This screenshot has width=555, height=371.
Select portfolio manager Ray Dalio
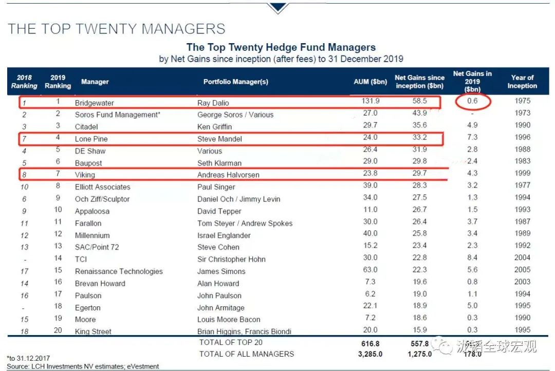click(x=214, y=103)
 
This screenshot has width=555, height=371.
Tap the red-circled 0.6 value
click(x=472, y=101)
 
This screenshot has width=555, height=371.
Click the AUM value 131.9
click(x=369, y=101)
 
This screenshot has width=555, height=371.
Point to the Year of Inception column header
click(x=522, y=82)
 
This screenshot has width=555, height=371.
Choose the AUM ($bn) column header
click(x=369, y=82)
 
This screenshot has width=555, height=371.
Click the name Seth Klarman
click(x=219, y=163)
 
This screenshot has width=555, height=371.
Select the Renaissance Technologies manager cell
click(x=119, y=271)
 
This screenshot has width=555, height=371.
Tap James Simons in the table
click(x=221, y=271)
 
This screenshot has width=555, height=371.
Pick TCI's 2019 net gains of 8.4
click(x=472, y=258)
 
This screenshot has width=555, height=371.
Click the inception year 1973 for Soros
click(x=522, y=113)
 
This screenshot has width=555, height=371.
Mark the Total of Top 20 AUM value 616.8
click(x=369, y=343)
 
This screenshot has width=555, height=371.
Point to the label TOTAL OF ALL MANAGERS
click(x=247, y=354)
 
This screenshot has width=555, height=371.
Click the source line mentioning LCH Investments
click(x=83, y=366)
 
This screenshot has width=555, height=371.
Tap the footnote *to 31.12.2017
click(x=28, y=358)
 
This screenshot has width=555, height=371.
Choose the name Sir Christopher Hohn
click(x=231, y=259)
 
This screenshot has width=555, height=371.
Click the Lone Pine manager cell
click(x=91, y=139)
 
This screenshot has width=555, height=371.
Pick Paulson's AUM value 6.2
click(x=369, y=294)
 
